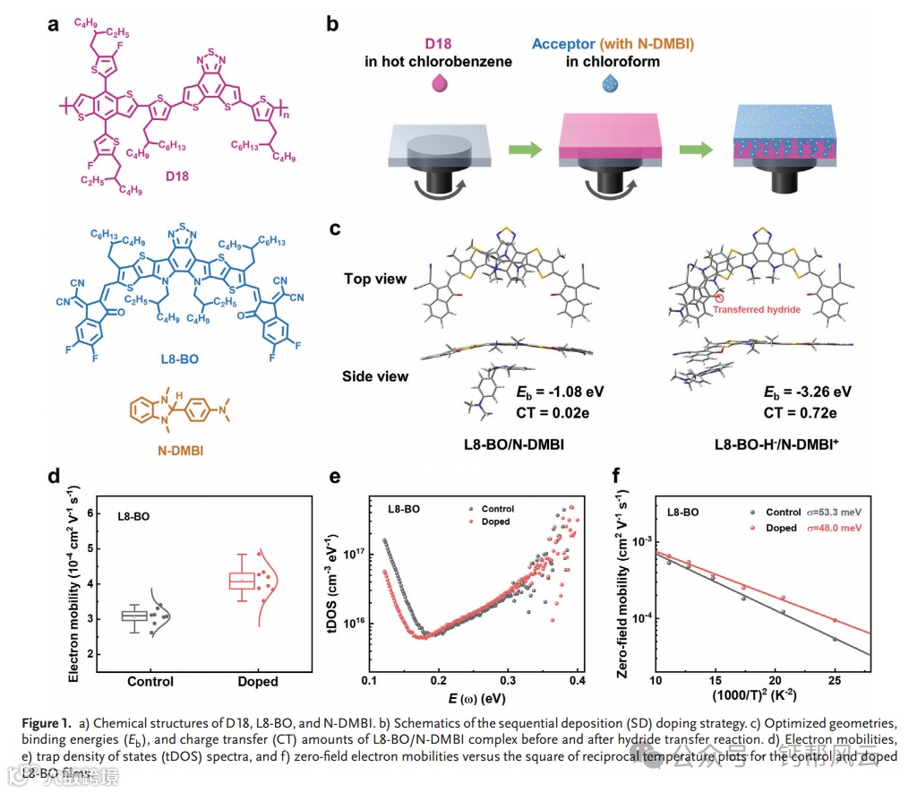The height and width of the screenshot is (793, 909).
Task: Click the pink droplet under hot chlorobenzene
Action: [x=440, y=83]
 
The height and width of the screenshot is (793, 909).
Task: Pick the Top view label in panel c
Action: [x=376, y=279]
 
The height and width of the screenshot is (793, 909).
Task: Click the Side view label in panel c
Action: [x=376, y=376]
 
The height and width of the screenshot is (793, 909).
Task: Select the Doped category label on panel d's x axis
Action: [x=257, y=681]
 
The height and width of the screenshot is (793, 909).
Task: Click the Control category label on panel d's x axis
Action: [x=150, y=681]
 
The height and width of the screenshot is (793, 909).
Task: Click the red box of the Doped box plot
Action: [x=241, y=582]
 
